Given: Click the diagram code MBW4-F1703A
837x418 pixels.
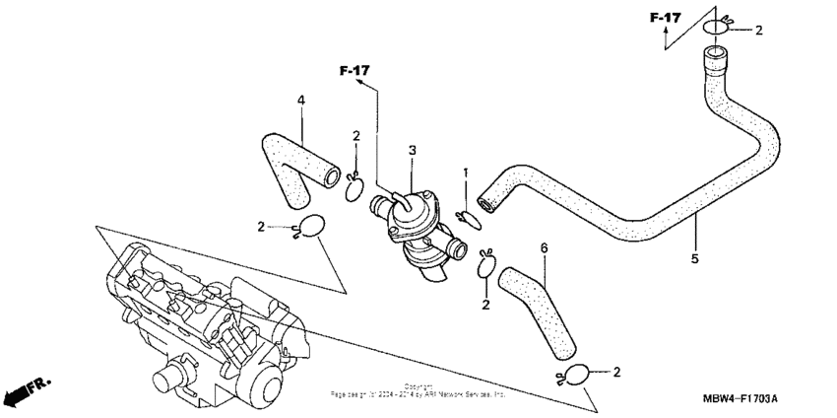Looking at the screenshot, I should coord(740,398).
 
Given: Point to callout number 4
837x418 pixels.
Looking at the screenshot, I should coord(301,100).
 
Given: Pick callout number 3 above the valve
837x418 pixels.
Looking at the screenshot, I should coord(413,150).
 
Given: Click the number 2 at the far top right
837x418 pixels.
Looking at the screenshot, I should coord(758,31).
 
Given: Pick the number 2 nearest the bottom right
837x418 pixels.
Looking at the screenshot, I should coord(616,372).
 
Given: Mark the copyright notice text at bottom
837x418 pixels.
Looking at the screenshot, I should coord(418,391).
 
